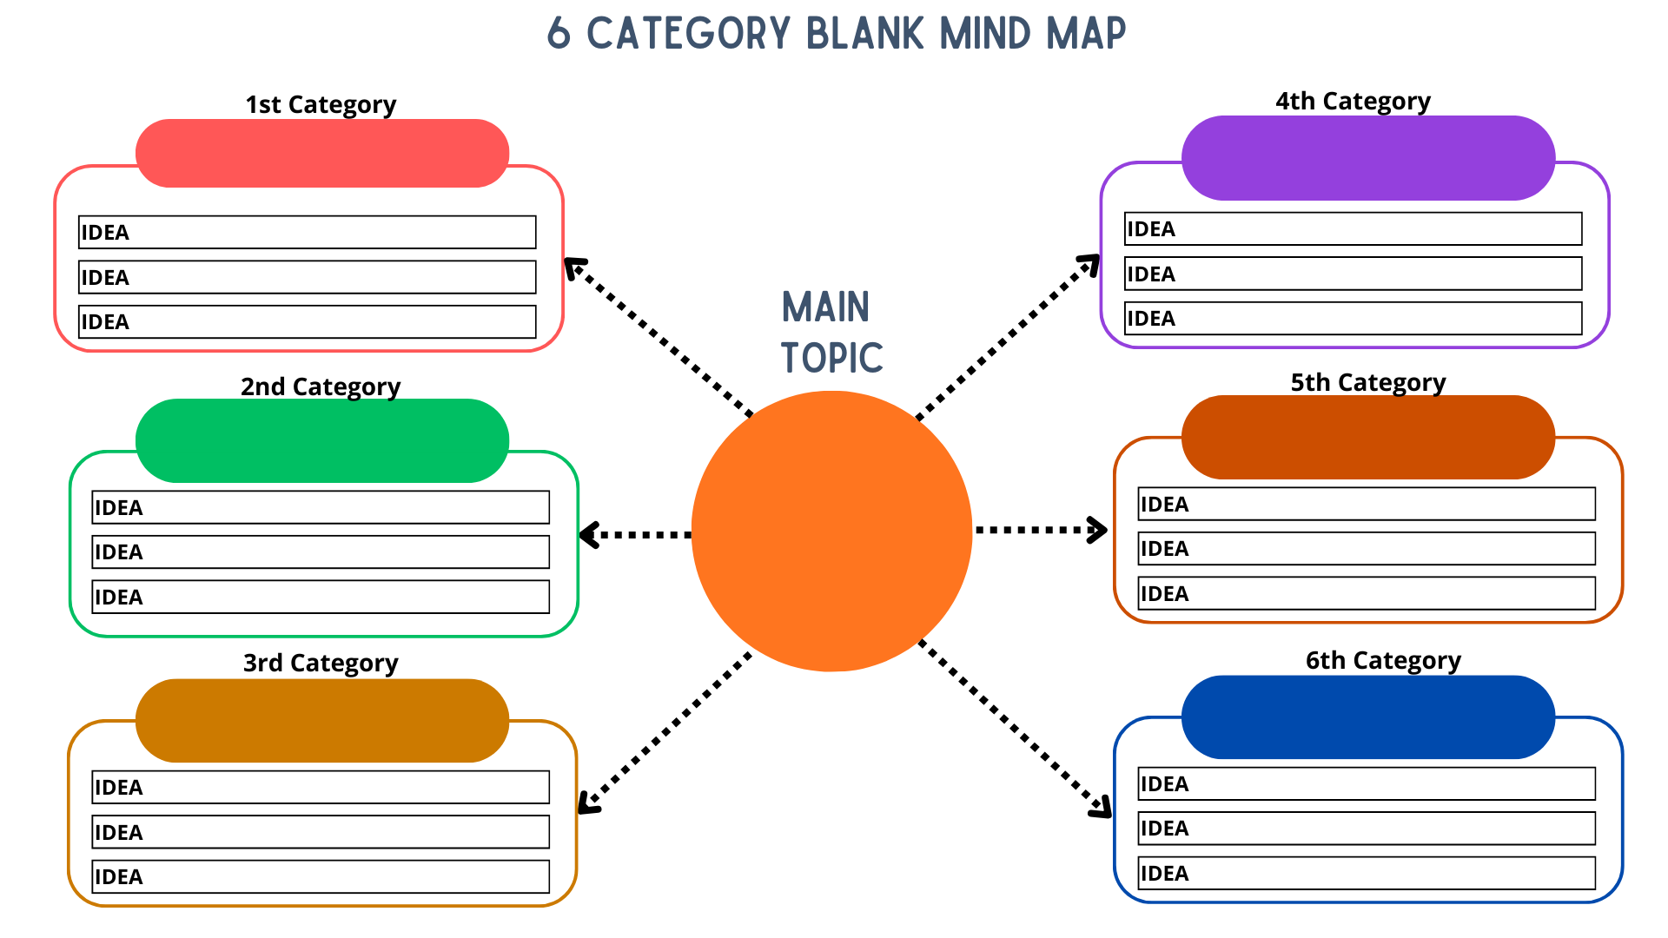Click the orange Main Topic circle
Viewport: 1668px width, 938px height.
pyautogui.click(x=831, y=531)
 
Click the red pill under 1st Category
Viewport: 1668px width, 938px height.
pyautogui.click(x=321, y=154)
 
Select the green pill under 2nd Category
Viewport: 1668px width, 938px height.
pyautogui.click(x=321, y=440)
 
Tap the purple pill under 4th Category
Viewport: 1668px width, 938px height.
pyautogui.click(x=1367, y=158)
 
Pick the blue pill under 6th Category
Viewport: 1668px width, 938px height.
pyautogui.click(x=1367, y=717)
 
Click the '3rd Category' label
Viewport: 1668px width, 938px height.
pyautogui.click(x=321, y=663)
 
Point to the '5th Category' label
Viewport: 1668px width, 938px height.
pyautogui.click(x=1367, y=382)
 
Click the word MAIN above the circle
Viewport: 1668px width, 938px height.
pyautogui.click(x=825, y=307)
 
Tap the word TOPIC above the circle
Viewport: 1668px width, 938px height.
pyautogui.click(x=831, y=358)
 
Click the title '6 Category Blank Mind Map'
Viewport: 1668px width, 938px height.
pyautogui.click(x=836, y=34)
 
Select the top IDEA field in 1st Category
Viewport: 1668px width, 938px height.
pyautogui.click(x=307, y=232)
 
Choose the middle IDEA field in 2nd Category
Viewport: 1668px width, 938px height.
pyautogui.click(x=321, y=552)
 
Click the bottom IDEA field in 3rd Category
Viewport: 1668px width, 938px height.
pyautogui.click(x=321, y=876)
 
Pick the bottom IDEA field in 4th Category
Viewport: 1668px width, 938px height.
pyautogui.click(x=1353, y=318)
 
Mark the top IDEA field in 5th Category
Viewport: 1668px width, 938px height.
pyautogui.click(x=1367, y=504)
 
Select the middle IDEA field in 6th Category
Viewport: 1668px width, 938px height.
pyautogui.click(x=1367, y=828)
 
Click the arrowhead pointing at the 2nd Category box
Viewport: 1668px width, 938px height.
pyautogui.click(x=589, y=534)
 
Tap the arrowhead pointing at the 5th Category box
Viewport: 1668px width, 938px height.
pyautogui.click(x=1098, y=530)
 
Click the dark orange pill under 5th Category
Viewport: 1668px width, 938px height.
pyautogui.click(x=1367, y=437)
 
